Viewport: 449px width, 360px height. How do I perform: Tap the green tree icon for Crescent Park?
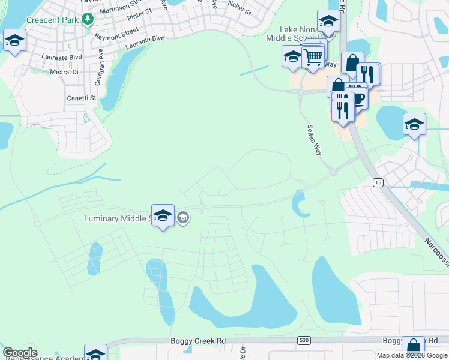(88, 19)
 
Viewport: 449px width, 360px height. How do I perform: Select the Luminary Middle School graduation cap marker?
(163, 216)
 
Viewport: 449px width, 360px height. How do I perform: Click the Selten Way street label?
(313, 140)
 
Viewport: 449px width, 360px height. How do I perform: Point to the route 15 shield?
(378, 182)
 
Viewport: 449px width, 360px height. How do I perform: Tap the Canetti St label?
(81, 97)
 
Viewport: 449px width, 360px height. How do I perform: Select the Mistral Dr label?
(64, 72)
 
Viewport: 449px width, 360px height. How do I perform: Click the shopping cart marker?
(313, 59)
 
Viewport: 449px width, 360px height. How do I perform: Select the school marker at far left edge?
(14, 41)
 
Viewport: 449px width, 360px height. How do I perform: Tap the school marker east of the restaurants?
(414, 125)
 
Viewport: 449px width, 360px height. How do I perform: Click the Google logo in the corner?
(20, 353)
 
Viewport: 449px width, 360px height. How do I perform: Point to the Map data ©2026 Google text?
(412, 355)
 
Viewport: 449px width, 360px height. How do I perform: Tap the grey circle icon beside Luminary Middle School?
(183, 218)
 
